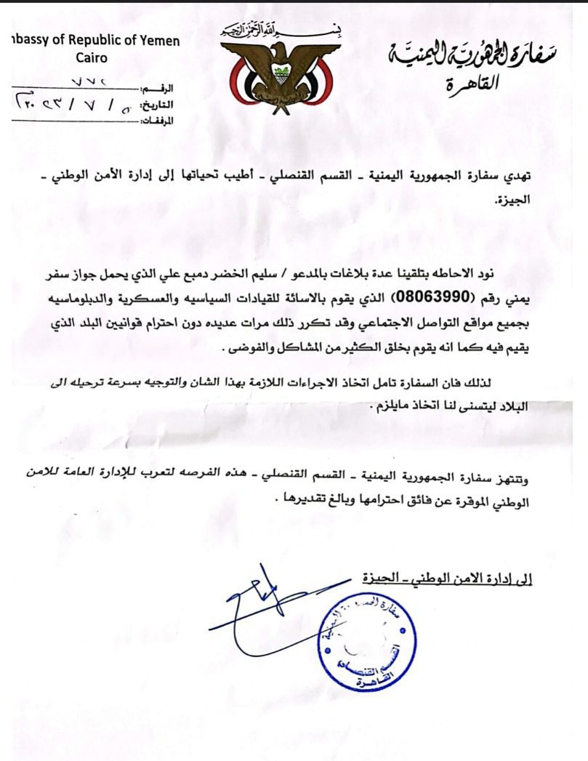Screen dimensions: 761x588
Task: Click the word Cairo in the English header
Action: [x=90, y=57]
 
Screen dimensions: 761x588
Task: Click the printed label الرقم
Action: [x=164, y=89]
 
